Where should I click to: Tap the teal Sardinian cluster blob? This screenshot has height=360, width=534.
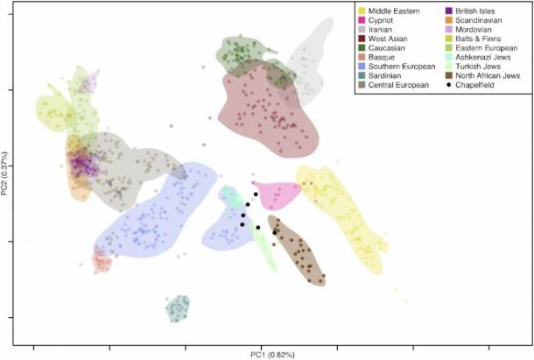pos(178,308)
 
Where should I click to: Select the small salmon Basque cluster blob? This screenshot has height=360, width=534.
pos(102,259)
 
